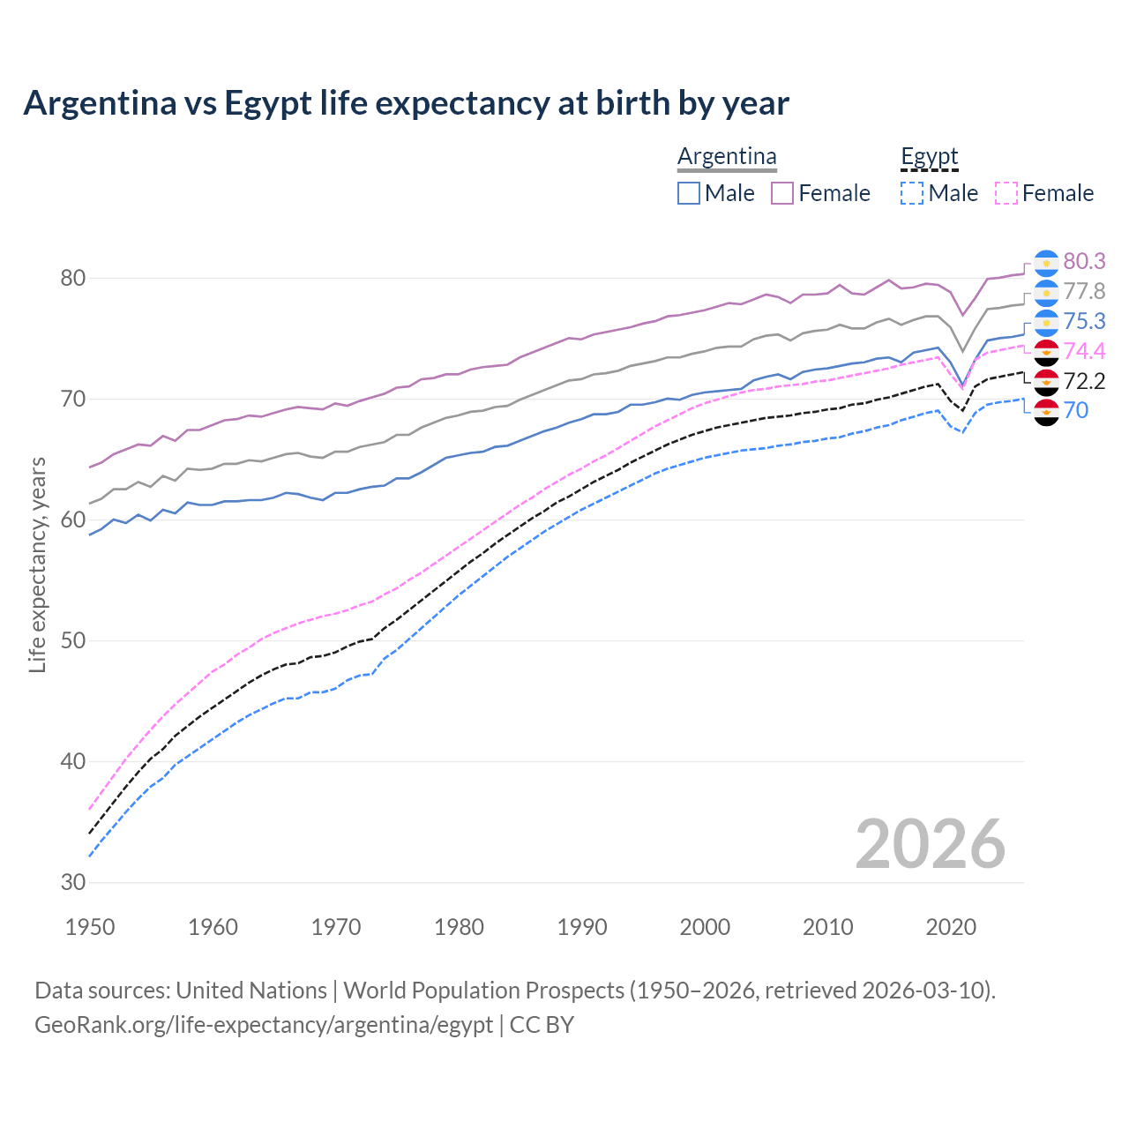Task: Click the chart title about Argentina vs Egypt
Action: point(406,103)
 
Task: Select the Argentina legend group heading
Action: point(727,156)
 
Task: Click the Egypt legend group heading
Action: point(929,156)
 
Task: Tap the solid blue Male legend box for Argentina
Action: point(689,193)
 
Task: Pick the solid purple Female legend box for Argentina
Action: point(782,193)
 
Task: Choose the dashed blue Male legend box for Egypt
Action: point(912,193)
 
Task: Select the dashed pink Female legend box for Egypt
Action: point(1006,193)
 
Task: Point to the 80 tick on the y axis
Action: point(72,278)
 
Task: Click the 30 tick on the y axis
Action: point(72,882)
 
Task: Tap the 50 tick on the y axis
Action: point(72,640)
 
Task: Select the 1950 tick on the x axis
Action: point(90,927)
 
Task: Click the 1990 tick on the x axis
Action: point(582,927)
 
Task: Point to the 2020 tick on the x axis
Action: point(951,927)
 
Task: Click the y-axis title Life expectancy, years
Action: point(37,564)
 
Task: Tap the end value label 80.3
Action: point(1084,261)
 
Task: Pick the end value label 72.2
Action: point(1084,381)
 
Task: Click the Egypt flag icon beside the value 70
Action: point(1046,411)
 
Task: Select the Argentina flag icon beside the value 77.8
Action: point(1046,292)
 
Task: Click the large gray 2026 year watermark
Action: point(930,844)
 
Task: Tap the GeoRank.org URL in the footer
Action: point(263,1025)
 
